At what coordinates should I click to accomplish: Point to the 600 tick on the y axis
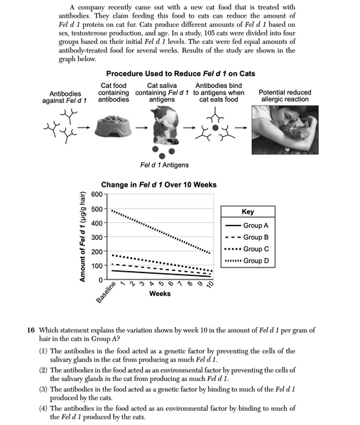pyautogui.click(x=94, y=194)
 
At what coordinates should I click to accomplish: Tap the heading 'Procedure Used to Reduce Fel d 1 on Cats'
pyautogui.click(x=180, y=74)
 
